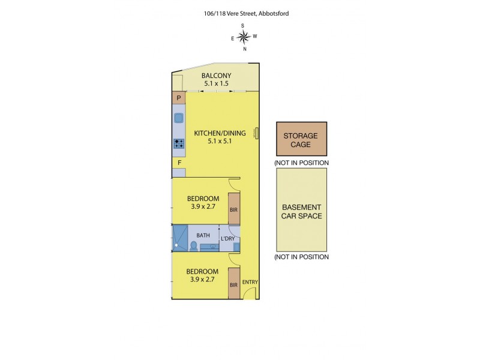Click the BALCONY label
[x=216, y=75]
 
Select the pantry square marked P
[x=179, y=98]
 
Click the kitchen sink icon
[x=179, y=118]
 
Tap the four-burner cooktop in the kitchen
[x=179, y=143]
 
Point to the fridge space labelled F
[x=179, y=163]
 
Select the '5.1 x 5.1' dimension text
[x=220, y=142]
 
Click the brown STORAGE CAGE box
[x=301, y=140]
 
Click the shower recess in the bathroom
[x=180, y=237]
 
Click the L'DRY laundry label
[x=228, y=239]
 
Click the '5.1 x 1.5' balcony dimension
[x=216, y=83]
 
